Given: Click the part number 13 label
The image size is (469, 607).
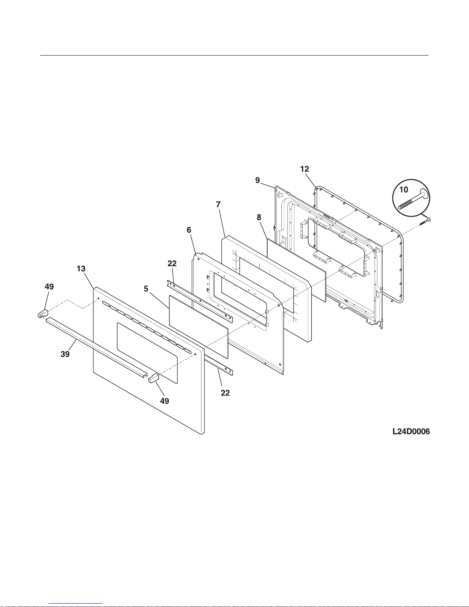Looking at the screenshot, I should [81, 269].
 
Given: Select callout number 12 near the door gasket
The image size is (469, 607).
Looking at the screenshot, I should [304, 169].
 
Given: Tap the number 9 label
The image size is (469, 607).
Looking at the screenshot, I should [258, 180].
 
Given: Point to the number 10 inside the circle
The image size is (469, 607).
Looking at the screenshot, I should [404, 190].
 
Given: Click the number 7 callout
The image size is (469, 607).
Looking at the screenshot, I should [218, 205].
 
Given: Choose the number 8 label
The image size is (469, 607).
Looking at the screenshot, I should [259, 218].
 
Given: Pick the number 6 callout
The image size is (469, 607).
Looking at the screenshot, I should [189, 230].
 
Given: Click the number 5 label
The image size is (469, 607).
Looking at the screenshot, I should [146, 289].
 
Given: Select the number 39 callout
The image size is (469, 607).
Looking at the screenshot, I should [65, 354].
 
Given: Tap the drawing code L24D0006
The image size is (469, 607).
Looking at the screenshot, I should [411, 432].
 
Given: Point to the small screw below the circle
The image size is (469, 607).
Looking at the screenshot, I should [425, 221].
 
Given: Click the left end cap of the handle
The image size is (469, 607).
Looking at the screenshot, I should [42, 314].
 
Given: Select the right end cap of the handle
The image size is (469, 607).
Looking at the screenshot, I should [153, 378].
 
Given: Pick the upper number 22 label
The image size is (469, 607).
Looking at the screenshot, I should [172, 263].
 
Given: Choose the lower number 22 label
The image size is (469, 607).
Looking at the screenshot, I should [225, 393].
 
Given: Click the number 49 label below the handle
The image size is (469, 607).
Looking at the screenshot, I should [164, 401].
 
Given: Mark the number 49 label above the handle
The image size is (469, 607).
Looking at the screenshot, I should [49, 286].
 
